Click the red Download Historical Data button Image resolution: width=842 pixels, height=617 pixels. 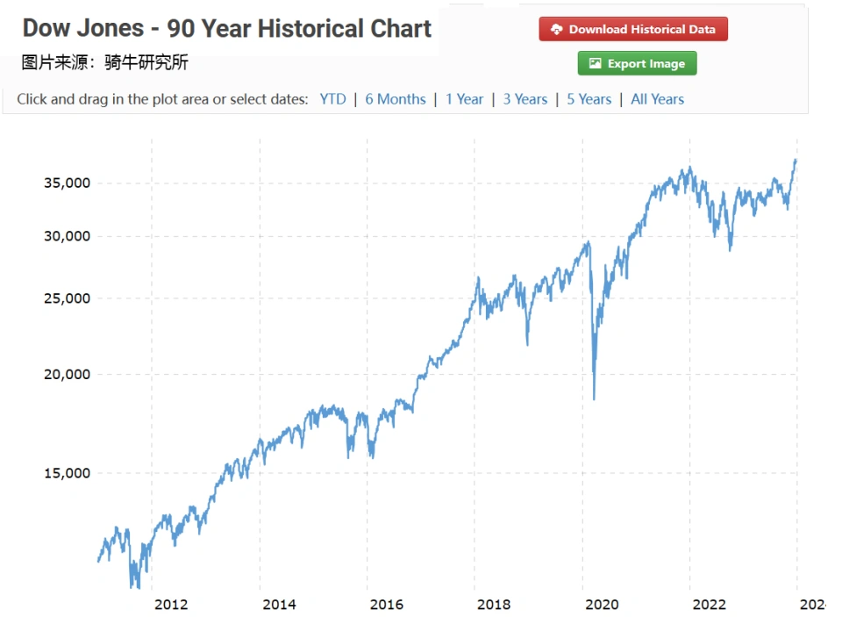(x=633, y=29)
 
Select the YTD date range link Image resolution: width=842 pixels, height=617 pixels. (x=332, y=99)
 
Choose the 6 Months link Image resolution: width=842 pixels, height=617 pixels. (x=395, y=99)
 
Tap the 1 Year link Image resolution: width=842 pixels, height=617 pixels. (x=464, y=99)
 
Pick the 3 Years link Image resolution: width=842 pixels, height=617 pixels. (x=524, y=99)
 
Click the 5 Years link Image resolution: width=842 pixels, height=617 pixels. (x=589, y=99)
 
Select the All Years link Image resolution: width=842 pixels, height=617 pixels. (x=657, y=99)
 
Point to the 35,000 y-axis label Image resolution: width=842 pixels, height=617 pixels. (x=68, y=183)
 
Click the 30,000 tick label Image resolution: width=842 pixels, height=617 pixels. (x=68, y=236)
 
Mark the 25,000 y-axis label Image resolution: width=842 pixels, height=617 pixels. (x=68, y=298)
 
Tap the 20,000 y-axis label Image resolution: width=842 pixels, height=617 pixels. (x=68, y=375)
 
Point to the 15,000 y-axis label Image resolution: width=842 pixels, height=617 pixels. (x=68, y=473)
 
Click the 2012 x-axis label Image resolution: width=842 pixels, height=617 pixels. (x=171, y=604)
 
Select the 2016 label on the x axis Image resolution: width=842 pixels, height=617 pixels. (x=387, y=604)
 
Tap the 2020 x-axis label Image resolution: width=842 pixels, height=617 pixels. (x=602, y=604)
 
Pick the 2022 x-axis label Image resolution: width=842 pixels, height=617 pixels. (x=709, y=604)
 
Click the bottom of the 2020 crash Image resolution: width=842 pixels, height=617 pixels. (x=594, y=398)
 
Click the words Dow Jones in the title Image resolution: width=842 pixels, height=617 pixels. (x=82, y=29)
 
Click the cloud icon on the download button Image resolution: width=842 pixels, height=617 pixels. (x=556, y=29)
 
